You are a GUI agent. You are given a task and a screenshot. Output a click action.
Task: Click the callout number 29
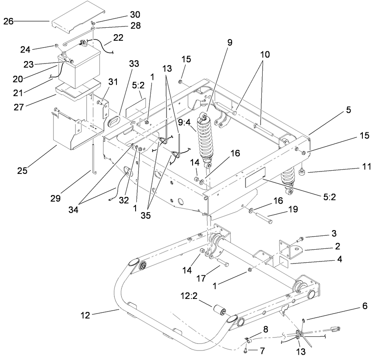(x=55, y=198)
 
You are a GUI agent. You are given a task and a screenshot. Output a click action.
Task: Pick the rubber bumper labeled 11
(x=303, y=173)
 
